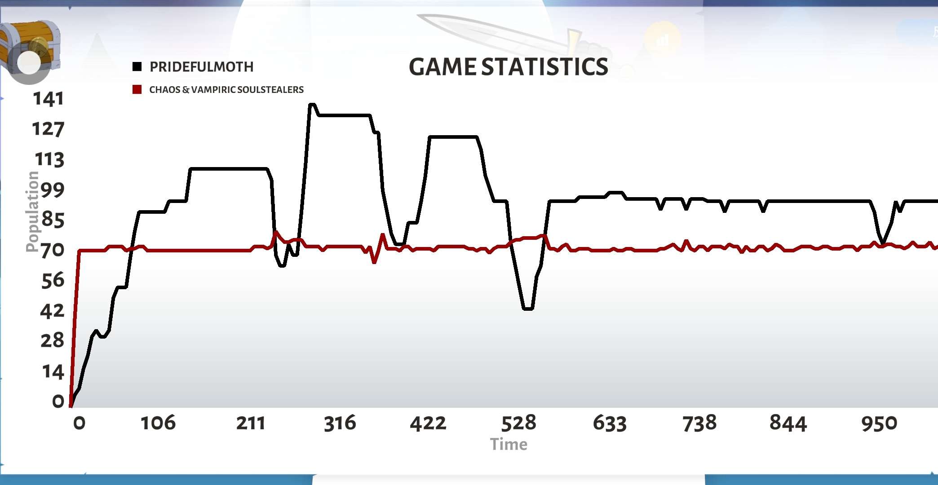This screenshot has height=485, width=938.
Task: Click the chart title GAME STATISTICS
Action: click(508, 67)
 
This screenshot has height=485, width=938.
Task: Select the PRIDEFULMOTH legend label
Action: click(201, 67)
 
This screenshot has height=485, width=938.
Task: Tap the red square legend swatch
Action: click(137, 89)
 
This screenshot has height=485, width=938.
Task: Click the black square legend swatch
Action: click(137, 67)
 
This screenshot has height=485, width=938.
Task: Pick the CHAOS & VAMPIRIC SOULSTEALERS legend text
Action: click(226, 89)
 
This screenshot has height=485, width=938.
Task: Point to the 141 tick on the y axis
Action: click(49, 99)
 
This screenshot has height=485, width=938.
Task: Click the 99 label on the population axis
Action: click(52, 190)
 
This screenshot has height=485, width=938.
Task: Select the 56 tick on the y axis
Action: click(52, 280)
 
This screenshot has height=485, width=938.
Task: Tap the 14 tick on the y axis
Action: click(53, 372)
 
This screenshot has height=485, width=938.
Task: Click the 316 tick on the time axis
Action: click(340, 423)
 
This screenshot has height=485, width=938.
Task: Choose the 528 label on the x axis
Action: click(518, 423)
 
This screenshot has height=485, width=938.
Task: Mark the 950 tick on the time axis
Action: click(879, 423)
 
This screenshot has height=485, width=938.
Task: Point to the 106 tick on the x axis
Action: click(158, 423)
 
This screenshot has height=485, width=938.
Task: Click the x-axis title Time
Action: click(509, 444)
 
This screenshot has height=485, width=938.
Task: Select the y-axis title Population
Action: click(32, 212)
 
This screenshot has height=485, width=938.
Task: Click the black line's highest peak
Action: click(312, 105)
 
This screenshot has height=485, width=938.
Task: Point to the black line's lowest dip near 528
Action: click(528, 309)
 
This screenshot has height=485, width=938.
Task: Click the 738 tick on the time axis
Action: click(699, 423)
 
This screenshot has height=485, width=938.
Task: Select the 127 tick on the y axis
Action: click(48, 129)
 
